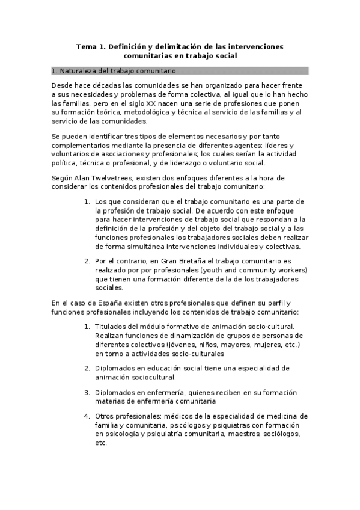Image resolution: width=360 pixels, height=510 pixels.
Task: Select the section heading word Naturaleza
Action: pyautogui.click(x=79, y=71)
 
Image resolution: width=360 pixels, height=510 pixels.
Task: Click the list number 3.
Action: pyautogui.click(x=87, y=392)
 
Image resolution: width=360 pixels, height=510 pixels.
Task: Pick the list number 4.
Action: pyautogui.click(x=87, y=416)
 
